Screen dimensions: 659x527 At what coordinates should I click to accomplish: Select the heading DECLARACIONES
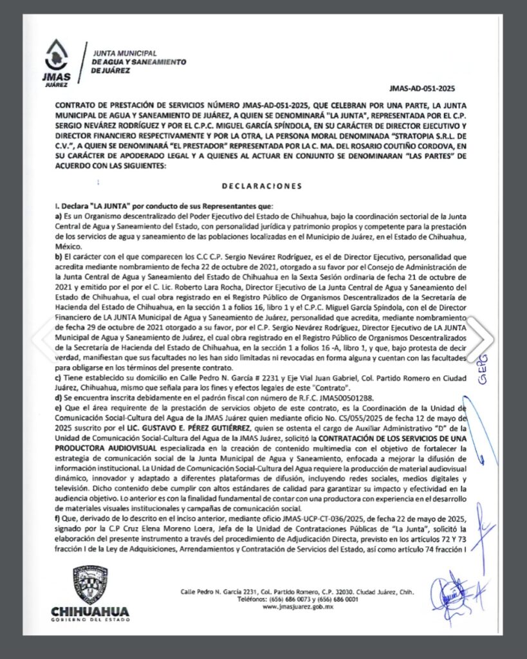pyautogui.click(x=262, y=186)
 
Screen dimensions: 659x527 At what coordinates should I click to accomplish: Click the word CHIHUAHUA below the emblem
pyautogui.click(x=89, y=611)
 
